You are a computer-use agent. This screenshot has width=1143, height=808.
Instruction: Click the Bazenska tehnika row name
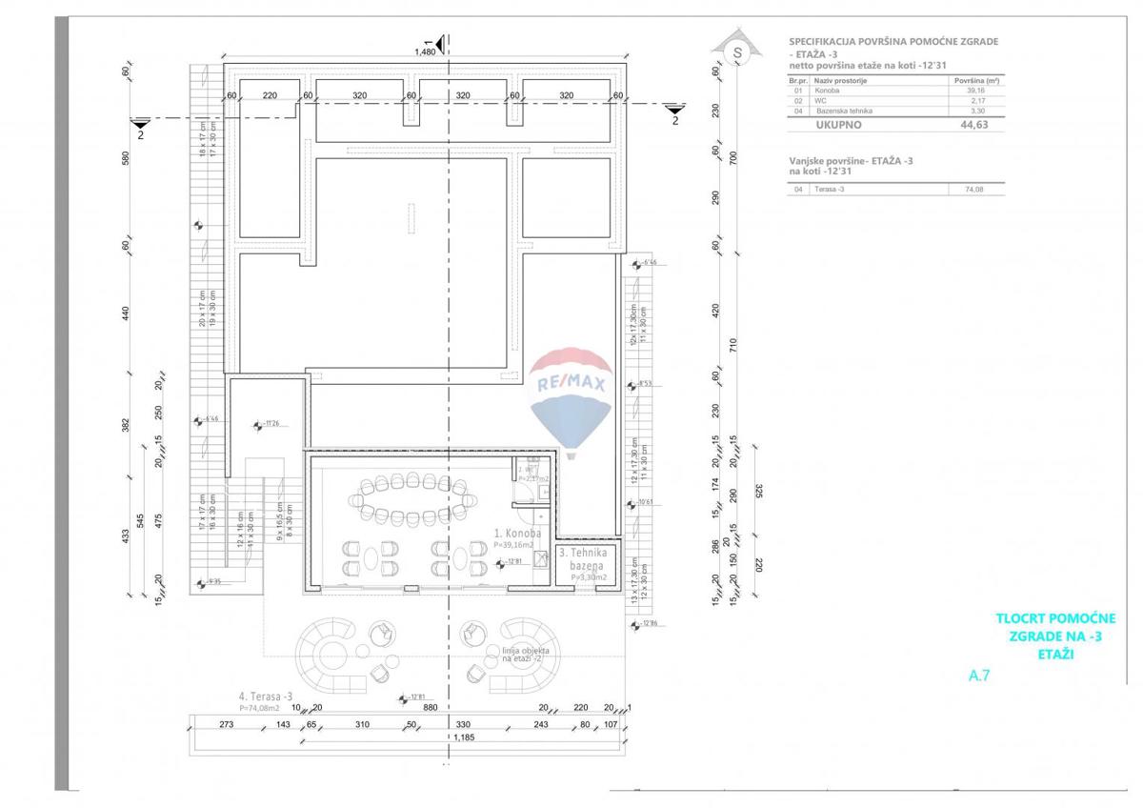point(844,111)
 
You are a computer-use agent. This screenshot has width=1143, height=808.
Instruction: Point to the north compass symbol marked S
point(735,51)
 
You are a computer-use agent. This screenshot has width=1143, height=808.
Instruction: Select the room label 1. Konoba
point(517,535)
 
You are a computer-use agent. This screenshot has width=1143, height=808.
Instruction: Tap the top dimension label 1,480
point(425,51)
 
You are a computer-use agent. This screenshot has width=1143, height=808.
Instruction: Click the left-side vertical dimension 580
point(125,158)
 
